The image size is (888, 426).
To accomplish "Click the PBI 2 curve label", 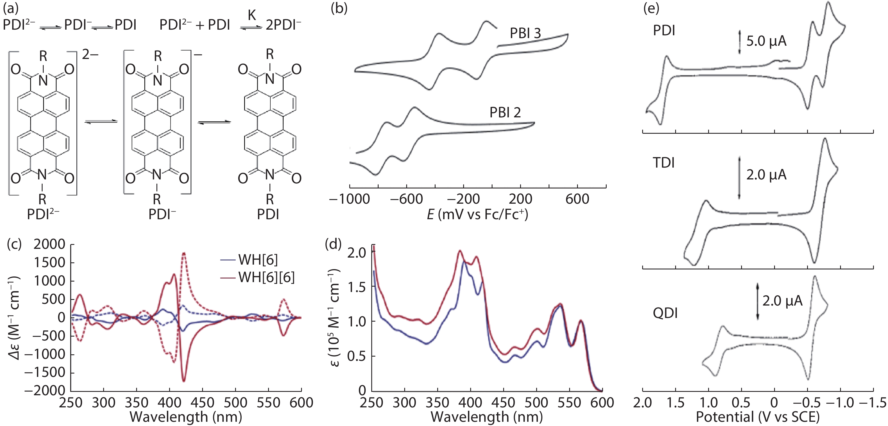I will [x=505, y=113].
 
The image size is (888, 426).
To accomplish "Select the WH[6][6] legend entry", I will [x=266, y=277].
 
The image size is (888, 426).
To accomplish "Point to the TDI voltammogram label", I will [x=664, y=163].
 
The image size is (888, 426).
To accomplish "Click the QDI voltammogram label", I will [x=665, y=313].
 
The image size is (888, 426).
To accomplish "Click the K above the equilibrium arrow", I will [x=252, y=15].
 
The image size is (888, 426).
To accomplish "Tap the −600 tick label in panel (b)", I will [x=407, y=199].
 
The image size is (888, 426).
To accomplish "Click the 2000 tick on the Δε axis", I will [x=49, y=244].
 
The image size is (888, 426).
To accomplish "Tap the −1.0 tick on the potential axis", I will [x=840, y=403].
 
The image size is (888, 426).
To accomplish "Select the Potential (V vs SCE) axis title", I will [x=757, y=417].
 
